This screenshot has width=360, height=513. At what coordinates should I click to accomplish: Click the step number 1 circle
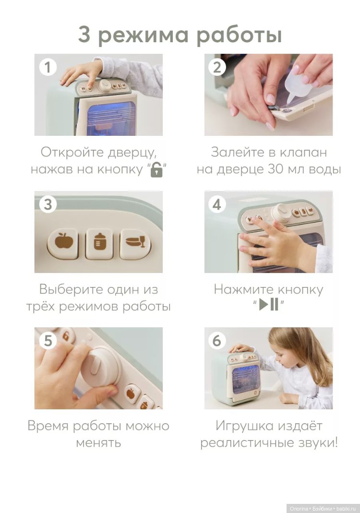(x=48, y=67)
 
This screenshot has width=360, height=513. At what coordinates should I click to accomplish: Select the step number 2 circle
(x=217, y=67)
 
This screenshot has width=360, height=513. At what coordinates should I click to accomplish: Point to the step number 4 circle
(x=217, y=204)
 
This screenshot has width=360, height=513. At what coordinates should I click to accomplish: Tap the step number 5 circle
(x=48, y=341)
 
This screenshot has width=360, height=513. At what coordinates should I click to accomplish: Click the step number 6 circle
(x=217, y=341)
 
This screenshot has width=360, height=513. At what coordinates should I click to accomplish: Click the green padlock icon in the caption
(x=156, y=170)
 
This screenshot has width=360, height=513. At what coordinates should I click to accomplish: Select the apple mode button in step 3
(x=62, y=243)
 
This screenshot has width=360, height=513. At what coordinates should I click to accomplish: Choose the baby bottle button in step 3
(x=99, y=243)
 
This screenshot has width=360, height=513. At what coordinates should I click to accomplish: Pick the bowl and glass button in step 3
(x=135, y=243)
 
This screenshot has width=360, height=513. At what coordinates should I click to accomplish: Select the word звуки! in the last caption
(x=318, y=442)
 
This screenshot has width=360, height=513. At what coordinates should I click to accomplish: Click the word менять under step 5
(x=98, y=443)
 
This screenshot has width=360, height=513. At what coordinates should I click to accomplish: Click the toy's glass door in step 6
(x=245, y=381)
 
